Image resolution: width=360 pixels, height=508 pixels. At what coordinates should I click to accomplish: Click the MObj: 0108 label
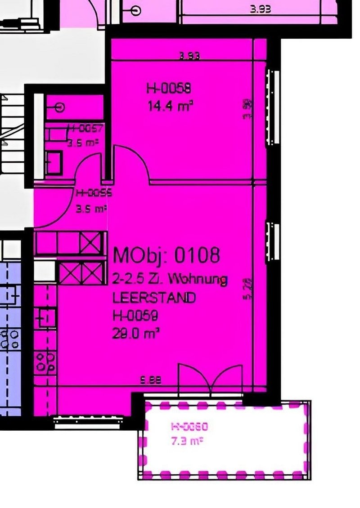(166, 255)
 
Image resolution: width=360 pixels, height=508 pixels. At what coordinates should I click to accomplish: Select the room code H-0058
(165, 89)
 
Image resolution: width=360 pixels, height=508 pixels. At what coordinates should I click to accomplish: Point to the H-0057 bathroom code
(85, 129)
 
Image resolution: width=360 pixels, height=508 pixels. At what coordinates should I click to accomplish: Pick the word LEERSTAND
(154, 298)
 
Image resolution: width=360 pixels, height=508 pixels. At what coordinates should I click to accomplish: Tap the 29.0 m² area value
(137, 333)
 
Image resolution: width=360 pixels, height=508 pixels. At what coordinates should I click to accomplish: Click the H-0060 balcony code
(189, 427)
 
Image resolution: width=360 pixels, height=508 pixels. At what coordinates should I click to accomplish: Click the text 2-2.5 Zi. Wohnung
(170, 280)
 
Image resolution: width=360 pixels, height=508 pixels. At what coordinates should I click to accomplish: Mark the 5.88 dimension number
(151, 380)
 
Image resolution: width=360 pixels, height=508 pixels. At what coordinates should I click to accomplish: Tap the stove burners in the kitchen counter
(46, 362)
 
